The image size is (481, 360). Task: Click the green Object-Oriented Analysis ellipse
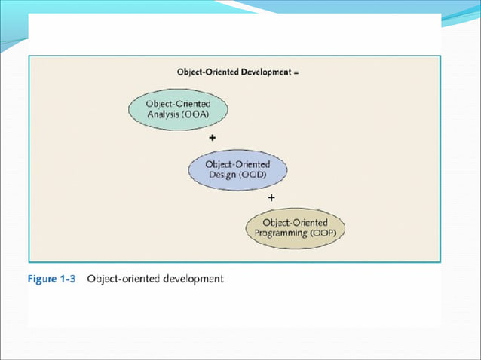click(177, 111)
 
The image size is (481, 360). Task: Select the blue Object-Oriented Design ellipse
click(237, 169)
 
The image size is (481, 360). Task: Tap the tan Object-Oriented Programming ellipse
click(296, 228)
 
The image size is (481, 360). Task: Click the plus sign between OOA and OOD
click(212, 139)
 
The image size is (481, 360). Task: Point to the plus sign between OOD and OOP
click(271, 197)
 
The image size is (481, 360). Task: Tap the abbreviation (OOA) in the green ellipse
click(199, 116)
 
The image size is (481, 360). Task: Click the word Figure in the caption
click(42, 279)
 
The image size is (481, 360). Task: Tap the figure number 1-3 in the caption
click(70, 279)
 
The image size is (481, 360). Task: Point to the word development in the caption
click(191, 279)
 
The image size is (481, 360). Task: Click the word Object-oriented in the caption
click(122, 279)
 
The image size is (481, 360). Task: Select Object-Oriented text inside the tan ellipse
click(296, 223)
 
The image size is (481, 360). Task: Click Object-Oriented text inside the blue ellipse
click(237, 164)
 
